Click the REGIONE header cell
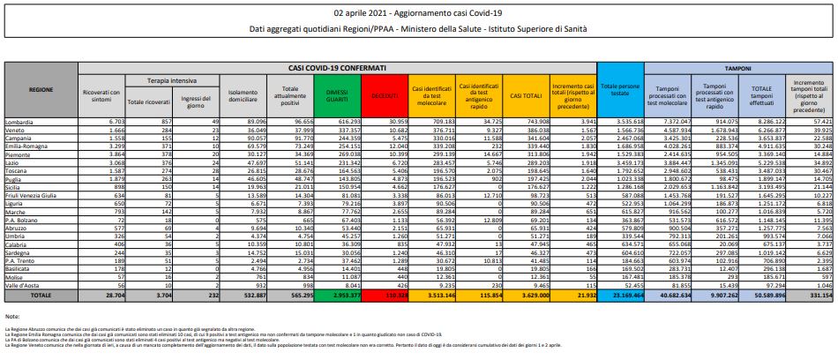coord(41,90)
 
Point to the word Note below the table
coord(11,315)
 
